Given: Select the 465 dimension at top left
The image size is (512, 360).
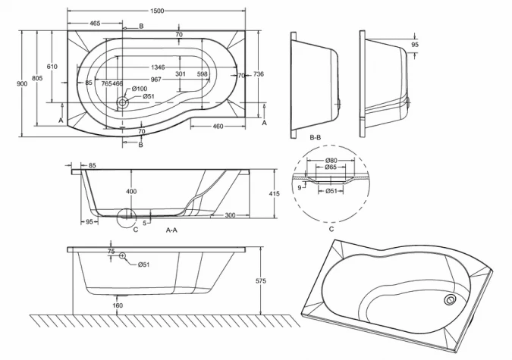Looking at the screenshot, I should (95, 24).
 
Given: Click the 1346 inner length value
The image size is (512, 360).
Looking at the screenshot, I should (158, 67).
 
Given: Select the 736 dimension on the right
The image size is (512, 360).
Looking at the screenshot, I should (258, 74).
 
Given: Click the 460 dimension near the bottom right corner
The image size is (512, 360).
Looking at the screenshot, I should (218, 125).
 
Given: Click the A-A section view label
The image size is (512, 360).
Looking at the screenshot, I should (171, 229).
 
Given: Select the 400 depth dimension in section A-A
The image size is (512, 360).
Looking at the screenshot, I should (132, 191).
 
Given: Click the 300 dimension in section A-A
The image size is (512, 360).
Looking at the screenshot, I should (229, 215).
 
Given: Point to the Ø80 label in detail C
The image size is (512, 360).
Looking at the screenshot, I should (331, 160).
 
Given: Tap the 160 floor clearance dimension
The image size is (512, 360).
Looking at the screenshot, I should (118, 306).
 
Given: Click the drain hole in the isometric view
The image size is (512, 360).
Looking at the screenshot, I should (451, 300).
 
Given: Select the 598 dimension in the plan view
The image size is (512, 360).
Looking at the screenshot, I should (203, 74).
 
